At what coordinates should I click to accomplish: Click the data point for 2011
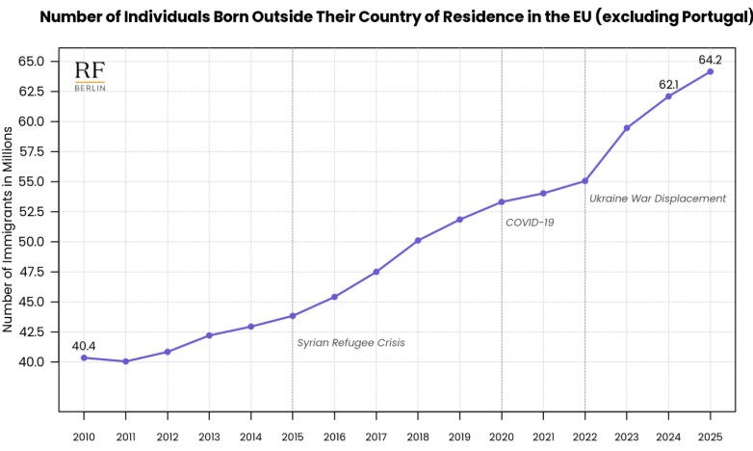(125, 361)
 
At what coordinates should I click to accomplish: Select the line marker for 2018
(418, 240)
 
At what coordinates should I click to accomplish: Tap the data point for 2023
(627, 128)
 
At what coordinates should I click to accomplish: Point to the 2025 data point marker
(711, 71)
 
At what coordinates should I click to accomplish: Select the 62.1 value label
(669, 84)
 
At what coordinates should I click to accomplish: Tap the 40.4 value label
(84, 346)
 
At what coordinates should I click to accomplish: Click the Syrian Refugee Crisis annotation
(351, 343)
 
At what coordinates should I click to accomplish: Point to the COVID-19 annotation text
(530, 223)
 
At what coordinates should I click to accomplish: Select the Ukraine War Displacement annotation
(658, 199)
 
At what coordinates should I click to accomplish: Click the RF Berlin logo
(91, 75)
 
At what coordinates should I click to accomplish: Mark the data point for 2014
(250, 327)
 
